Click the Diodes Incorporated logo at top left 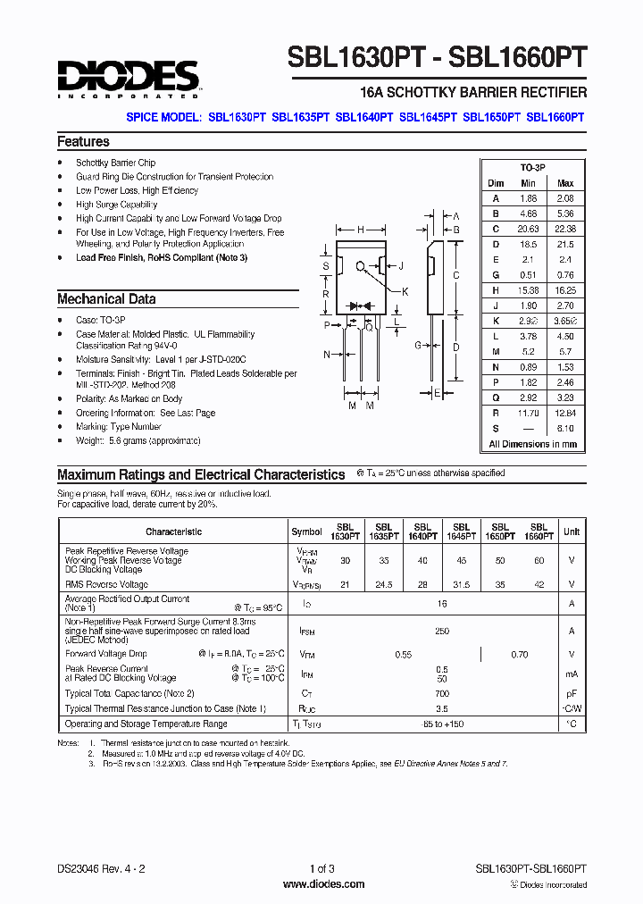128,79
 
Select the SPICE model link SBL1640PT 363,116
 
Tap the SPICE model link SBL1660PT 555,116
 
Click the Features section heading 83,142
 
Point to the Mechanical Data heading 106,299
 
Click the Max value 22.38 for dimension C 565,229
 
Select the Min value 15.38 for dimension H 528,290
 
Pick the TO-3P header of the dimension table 533,168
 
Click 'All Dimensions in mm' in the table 532,444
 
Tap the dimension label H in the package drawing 360,230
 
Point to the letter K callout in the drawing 405,291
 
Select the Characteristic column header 173,532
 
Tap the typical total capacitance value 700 441,693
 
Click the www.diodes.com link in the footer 322,884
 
